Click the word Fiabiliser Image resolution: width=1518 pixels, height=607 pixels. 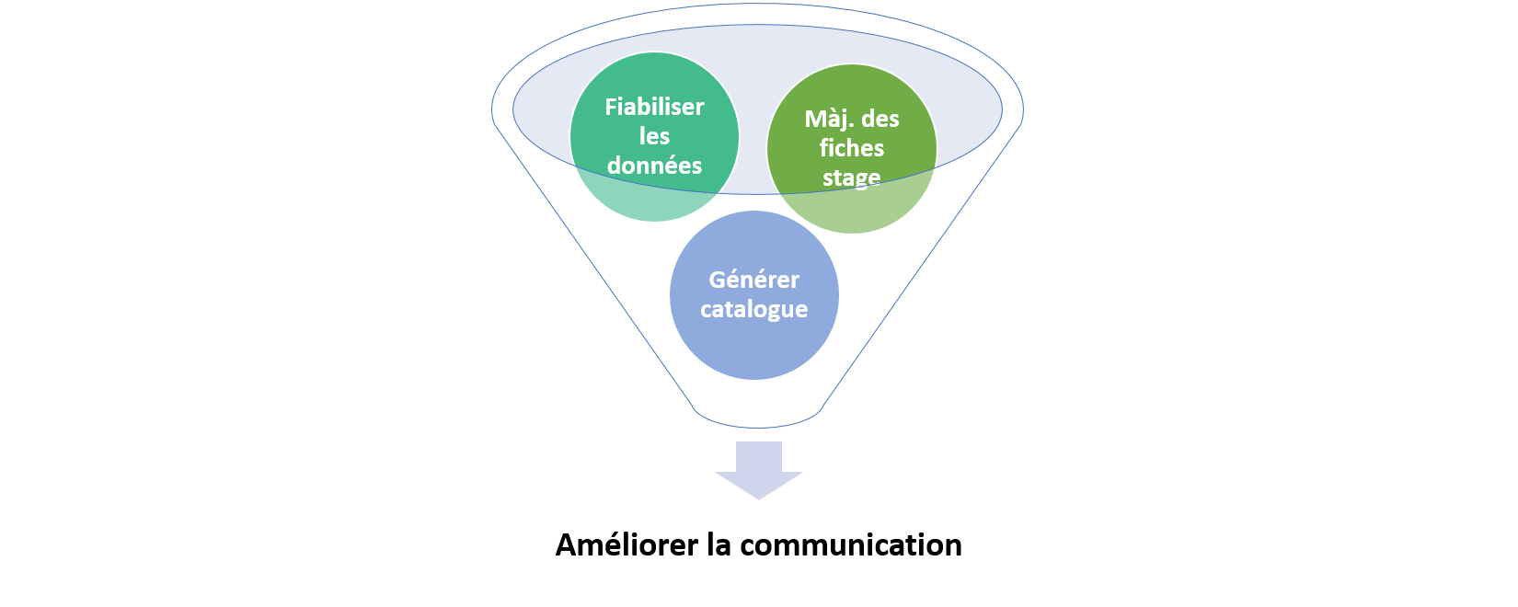[x=654, y=107]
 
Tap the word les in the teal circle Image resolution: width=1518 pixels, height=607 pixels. [x=654, y=136]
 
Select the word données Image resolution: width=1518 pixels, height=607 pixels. [x=654, y=166]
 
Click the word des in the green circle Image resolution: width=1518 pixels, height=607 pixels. [x=878, y=119]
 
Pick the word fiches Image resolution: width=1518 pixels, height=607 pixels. [x=852, y=148]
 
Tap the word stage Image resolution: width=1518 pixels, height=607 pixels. [x=852, y=177]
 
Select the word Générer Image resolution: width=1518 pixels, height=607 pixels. [x=753, y=280]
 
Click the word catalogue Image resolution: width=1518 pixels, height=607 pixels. [x=753, y=309]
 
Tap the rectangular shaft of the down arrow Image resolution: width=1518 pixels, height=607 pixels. [x=759, y=454]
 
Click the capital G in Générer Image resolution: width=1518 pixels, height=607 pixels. [x=718, y=280]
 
